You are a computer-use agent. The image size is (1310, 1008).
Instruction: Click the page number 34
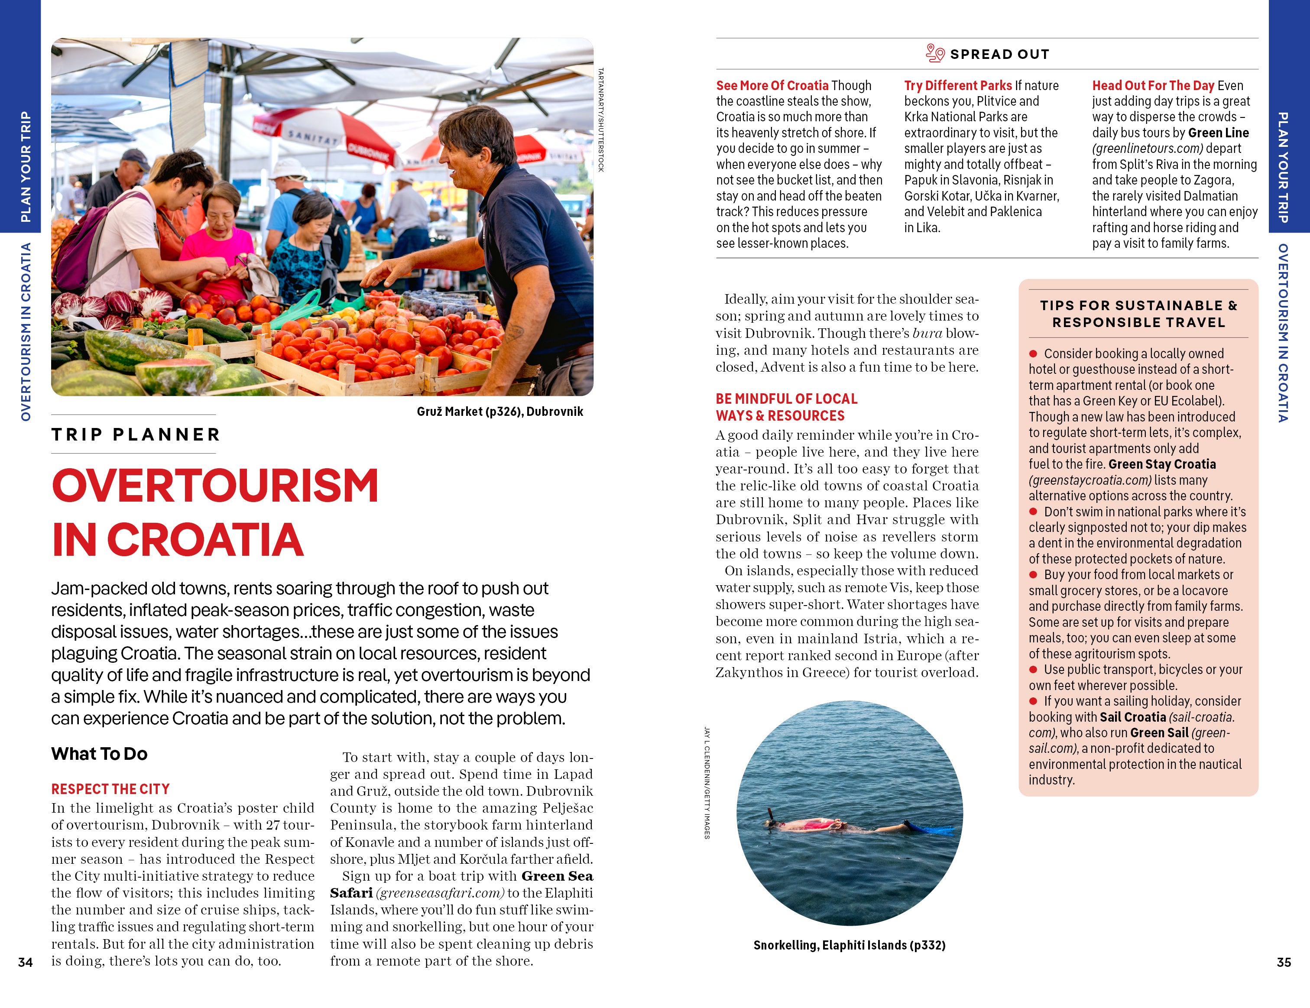25,962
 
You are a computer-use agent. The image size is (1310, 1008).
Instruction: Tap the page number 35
1283,962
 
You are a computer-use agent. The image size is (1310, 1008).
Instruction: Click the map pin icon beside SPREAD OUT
934,53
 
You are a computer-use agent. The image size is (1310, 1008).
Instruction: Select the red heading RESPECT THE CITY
110,788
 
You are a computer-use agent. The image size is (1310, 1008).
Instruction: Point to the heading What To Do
100,754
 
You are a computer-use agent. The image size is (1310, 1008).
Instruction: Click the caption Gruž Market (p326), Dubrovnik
499,412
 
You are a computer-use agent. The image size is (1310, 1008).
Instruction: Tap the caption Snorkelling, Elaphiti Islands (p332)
849,945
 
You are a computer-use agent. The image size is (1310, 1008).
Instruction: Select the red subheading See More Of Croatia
772,86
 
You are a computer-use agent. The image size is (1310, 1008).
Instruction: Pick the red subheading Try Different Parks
958,86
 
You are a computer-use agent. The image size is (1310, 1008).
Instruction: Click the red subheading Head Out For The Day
1153,86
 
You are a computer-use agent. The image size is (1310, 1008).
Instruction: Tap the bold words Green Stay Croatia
1162,464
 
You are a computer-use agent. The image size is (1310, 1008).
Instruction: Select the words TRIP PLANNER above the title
136,434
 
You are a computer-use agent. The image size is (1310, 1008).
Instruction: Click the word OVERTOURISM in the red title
215,486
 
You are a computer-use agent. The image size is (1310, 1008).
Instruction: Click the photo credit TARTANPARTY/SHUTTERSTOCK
600,120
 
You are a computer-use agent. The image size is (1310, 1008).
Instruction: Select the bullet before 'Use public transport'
1033,669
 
